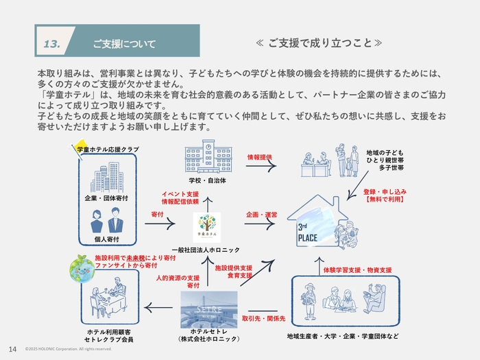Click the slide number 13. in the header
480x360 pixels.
coord(52,44)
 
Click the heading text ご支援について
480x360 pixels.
coord(125,44)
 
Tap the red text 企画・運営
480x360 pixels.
coord(261,215)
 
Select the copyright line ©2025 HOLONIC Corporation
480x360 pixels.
coord(68,349)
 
